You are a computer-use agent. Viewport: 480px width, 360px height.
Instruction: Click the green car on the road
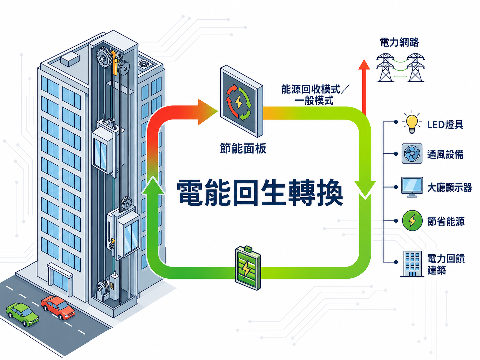tap(22, 314)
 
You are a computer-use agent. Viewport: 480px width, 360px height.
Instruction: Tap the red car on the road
tap(58, 307)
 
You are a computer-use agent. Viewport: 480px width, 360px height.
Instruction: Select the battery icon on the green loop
tap(248, 268)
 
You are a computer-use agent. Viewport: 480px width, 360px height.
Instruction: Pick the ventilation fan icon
tap(412, 153)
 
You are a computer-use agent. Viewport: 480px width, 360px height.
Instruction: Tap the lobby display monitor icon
tap(412, 187)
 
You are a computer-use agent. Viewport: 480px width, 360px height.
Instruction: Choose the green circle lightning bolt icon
tap(412, 220)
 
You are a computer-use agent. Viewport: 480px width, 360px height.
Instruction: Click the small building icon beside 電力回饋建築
tap(412, 264)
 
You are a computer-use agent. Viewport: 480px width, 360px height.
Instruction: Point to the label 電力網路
tap(399, 42)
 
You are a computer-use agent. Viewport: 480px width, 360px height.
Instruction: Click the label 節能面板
tap(243, 149)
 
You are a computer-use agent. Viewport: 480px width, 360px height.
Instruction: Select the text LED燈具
tap(445, 125)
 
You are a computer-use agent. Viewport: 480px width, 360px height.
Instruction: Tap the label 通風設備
tap(445, 154)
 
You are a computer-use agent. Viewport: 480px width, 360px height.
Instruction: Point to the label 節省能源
tap(446, 221)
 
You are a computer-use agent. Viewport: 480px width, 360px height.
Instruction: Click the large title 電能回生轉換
tap(260, 192)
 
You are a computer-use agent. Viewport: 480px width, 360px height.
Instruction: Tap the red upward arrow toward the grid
tap(364, 88)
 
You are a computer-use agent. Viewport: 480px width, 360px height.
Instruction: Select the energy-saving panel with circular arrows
tap(241, 101)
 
